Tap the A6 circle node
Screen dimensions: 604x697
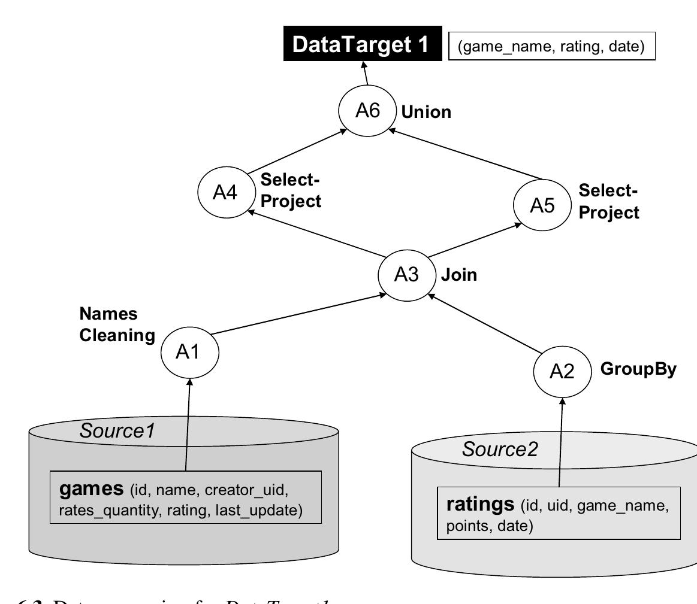point(367,111)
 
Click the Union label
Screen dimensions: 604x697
point(427,112)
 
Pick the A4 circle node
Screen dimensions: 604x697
point(226,193)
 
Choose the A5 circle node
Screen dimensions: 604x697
point(542,205)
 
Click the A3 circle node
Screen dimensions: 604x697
point(406,275)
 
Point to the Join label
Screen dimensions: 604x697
point(459,275)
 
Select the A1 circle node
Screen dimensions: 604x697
point(190,353)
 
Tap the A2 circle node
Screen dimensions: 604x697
point(562,372)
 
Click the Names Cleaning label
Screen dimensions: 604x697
point(117,325)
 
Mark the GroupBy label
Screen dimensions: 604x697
point(638,369)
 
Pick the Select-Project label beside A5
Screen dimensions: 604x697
point(609,202)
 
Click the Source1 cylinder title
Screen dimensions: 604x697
point(117,430)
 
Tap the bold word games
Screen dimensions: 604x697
point(91,489)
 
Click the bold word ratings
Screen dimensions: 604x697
point(480,504)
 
